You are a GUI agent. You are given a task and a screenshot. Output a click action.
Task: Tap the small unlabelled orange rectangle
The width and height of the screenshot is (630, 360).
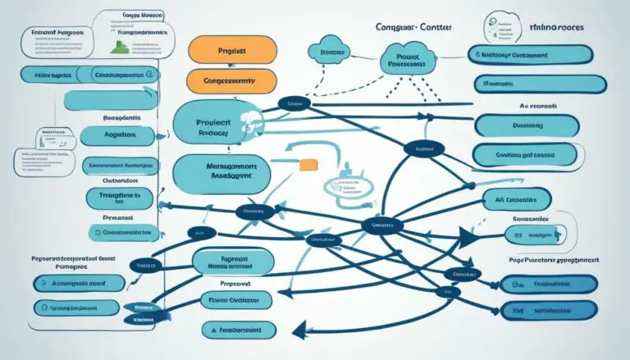[x=309, y=165]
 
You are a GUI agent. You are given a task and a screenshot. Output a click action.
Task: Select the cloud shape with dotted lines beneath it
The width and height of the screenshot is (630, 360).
[x=331, y=51]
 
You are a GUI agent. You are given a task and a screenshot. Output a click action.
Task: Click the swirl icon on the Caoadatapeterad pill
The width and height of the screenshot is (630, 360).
[x=101, y=232]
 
